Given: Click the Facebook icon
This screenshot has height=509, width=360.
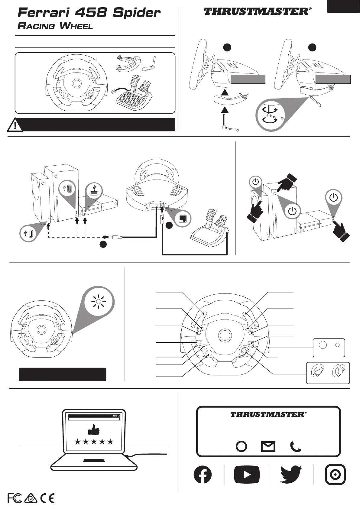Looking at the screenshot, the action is pyautogui.click(x=203, y=474).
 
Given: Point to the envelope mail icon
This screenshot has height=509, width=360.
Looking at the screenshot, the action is pyautogui.click(x=268, y=446).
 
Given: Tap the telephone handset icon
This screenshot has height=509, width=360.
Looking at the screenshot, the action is pyautogui.click(x=295, y=446).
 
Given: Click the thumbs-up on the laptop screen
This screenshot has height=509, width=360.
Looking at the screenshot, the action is pyautogui.click(x=94, y=429).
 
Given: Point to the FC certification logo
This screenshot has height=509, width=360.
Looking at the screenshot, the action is pyautogui.click(x=15, y=498).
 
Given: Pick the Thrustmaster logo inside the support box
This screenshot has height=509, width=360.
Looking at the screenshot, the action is pyautogui.click(x=268, y=414).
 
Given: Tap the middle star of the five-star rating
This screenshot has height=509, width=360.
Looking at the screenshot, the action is pyautogui.click(x=94, y=442).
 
